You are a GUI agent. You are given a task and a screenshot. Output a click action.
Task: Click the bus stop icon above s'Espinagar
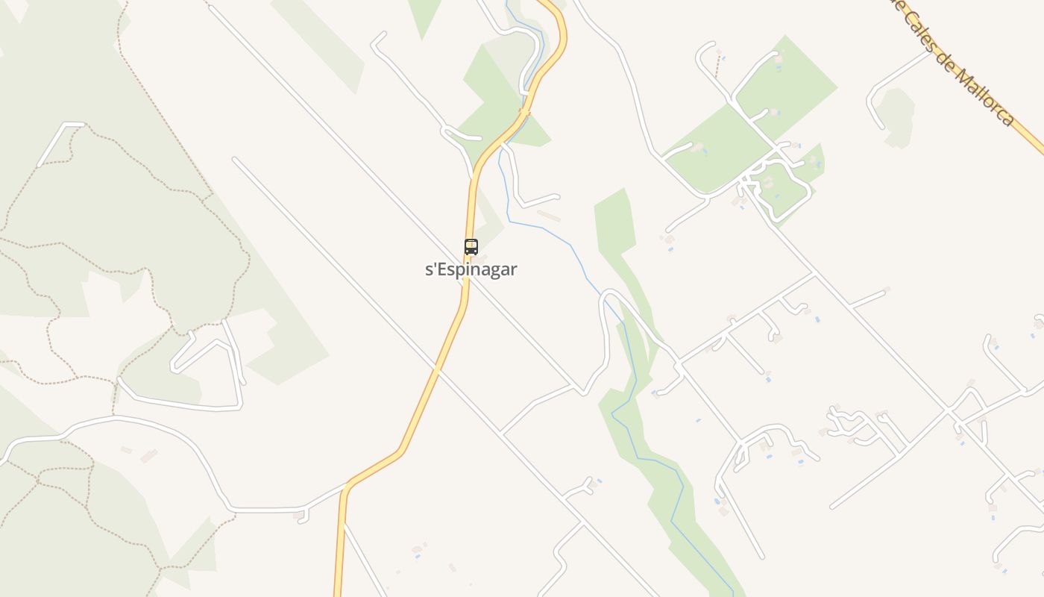coord(471,247)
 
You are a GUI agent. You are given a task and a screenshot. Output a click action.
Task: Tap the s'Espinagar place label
coord(471,269)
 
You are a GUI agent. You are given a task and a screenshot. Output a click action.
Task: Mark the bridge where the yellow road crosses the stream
coord(525,112)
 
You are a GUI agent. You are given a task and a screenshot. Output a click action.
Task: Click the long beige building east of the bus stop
coord(549,216)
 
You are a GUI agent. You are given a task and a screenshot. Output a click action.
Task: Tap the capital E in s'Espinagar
coord(441,269)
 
